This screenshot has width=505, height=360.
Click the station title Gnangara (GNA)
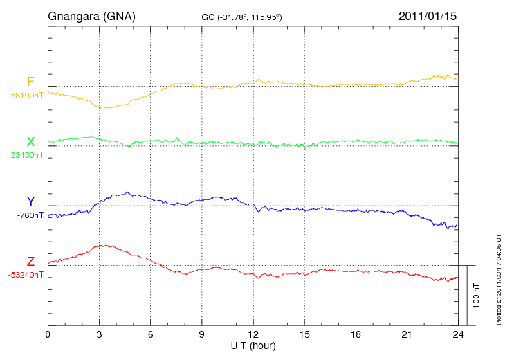(x=91, y=15)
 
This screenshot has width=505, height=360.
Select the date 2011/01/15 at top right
(x=427, y=15)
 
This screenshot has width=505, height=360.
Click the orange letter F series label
(x=30, y=82)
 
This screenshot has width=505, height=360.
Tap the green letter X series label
(x=30, y=142)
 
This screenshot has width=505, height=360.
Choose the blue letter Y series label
(x=30, y=201)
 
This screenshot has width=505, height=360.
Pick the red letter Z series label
(x=30, y=261)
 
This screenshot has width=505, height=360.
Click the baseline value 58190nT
(x=26, y=96)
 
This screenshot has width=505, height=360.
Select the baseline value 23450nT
(x=26, y=155)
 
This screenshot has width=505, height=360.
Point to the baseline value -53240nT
(x=26, y=274)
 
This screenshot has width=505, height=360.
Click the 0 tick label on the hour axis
(x=48, y=335)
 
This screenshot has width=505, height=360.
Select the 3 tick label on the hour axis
(x=99, y=335)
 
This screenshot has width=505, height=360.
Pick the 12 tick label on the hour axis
(x=252, y=335)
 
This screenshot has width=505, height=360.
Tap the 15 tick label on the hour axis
(x=304, y=335)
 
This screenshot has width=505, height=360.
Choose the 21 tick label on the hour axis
(x=406, y=335)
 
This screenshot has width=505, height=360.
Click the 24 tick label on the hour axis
(x=457, y=335)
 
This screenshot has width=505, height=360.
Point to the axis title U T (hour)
(x=252, y=345)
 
